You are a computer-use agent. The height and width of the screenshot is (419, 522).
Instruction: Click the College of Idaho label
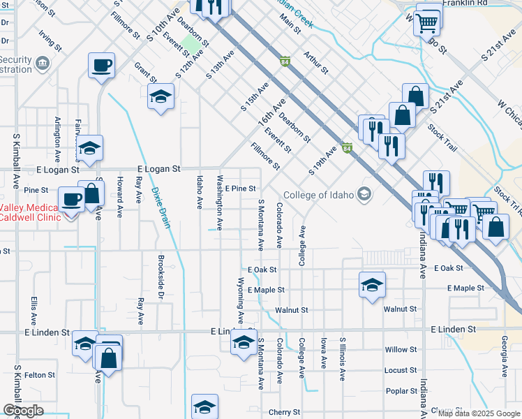point(319,194)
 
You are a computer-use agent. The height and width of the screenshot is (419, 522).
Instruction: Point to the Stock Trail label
point(442,138)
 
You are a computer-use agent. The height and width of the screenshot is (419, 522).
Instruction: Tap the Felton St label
point(40,375)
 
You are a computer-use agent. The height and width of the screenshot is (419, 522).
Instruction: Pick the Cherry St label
point(284,413)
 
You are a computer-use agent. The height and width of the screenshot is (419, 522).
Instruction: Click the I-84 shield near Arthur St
point(285,62)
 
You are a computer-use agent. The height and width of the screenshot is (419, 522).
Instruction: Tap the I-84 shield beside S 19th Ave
point(347,148)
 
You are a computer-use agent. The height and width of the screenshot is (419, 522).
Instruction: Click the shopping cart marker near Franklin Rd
point(426,22)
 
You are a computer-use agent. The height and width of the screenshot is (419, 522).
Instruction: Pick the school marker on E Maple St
point(373,284)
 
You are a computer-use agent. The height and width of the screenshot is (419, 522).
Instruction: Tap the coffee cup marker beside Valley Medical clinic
point(71,198)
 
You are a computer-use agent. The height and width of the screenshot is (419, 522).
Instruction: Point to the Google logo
point(22,411)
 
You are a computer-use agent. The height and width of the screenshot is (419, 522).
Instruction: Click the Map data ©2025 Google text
point(478,413)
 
